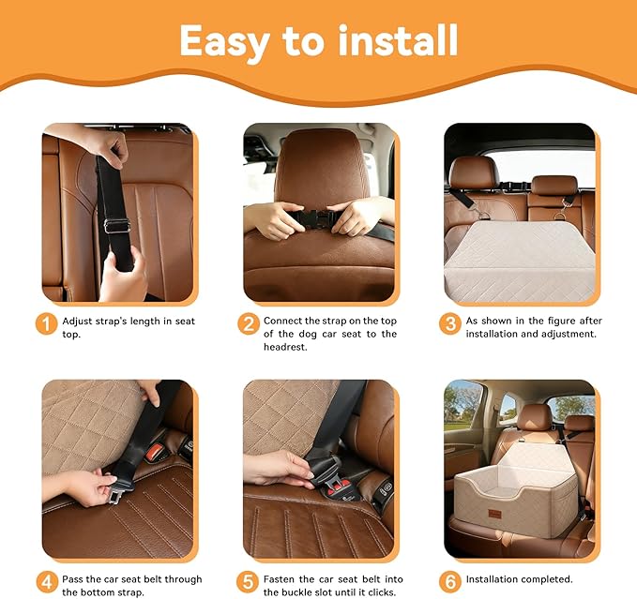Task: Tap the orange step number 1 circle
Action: click(x=47, y=324)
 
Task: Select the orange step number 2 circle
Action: click(x=248, y=324)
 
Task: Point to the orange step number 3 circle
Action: click(x=450, y=324)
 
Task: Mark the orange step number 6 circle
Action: click(x=450, y=579)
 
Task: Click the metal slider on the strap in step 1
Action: click(x=115, y=225)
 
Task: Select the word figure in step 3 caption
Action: click(x=554, y=321)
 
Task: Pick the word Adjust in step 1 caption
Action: click(x=80, y=321)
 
